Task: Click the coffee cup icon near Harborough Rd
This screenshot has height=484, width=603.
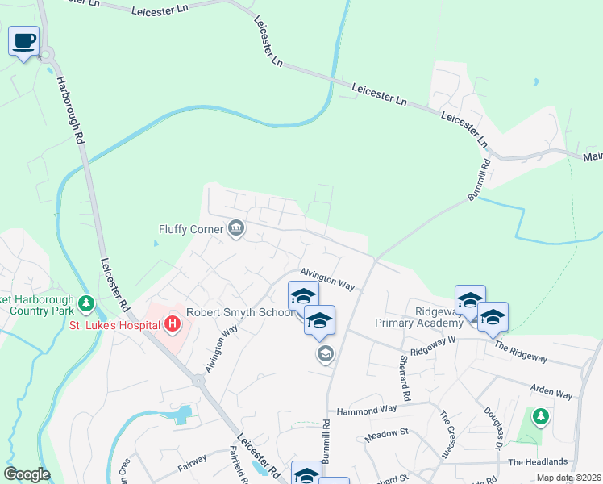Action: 24,40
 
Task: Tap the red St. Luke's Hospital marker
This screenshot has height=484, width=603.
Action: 172,325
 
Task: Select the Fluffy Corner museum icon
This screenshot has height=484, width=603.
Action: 236,229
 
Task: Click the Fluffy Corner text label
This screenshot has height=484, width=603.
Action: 190,230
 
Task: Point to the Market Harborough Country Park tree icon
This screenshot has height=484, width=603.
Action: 87,305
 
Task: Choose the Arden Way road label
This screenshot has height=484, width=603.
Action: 551,391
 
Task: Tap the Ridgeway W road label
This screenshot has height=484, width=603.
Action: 433,351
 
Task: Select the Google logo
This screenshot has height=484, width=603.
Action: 27,474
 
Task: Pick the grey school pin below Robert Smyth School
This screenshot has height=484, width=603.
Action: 325,353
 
